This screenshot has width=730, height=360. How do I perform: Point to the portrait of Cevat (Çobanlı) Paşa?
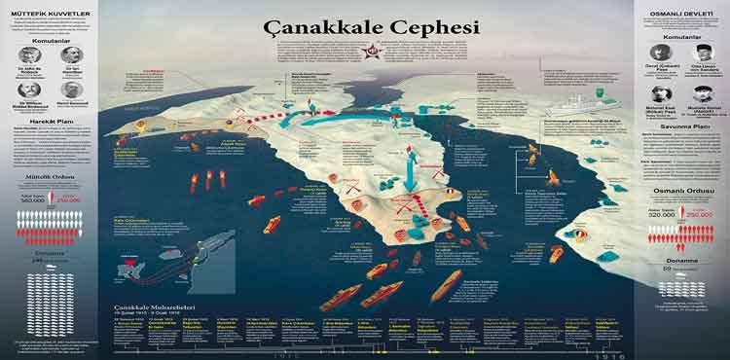(x=662, y=54)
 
